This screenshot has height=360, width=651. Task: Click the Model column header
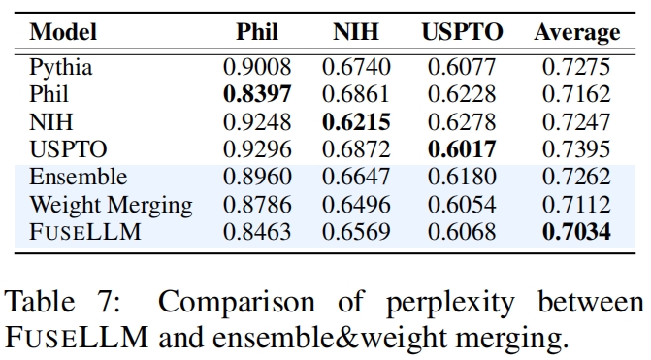(63, 32)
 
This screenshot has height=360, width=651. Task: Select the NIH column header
(356, 32)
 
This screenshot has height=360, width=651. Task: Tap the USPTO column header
(462, 32)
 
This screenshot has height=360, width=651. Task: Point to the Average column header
(577, 33)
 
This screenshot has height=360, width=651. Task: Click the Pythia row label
(60, 68)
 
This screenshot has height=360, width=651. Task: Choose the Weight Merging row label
(111, 206)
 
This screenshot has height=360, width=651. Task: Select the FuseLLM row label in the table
(85, 232)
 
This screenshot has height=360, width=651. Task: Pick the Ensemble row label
(78, 177)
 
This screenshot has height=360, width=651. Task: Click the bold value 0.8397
(257, 94)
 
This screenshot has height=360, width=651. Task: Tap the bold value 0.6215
(356, 122)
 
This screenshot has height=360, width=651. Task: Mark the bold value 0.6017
(462, 149)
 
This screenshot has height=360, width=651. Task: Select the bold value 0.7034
(576, 232)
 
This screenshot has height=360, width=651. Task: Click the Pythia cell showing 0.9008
(257, 67)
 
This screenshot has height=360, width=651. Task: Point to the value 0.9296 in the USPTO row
(257, 149)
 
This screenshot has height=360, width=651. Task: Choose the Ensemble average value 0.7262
(576, 177)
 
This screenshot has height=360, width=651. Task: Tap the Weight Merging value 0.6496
(356, 205)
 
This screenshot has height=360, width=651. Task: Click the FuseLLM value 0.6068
(462, 232)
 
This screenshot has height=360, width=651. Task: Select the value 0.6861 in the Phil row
(356, 94)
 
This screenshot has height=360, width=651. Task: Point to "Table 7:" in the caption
(62, 301)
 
